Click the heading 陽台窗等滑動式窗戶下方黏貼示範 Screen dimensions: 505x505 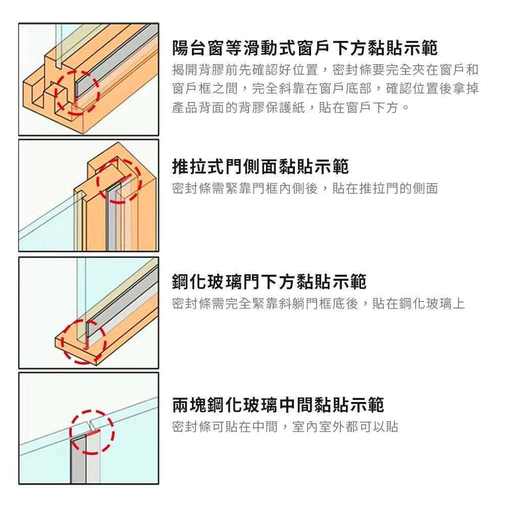point(305,48)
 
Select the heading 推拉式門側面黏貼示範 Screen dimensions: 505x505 point(260,166)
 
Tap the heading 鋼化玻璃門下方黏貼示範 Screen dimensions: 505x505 point(269,282)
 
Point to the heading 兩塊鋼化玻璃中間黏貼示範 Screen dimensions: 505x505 point(278,405)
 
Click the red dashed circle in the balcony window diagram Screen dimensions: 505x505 point(77,92)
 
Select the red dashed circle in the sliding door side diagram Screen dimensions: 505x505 point(119,181)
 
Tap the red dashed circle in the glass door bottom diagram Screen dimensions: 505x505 point(84,341)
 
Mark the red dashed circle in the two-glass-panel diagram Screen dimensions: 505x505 point(92,432)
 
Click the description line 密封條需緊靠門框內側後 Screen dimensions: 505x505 point(305,189)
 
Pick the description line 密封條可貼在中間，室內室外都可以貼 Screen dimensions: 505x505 point(285,427)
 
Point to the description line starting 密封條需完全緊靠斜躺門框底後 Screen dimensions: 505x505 point(318,304)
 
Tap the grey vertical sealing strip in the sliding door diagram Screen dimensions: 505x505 point(112,222)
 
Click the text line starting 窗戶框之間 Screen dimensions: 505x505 point(325,89)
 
